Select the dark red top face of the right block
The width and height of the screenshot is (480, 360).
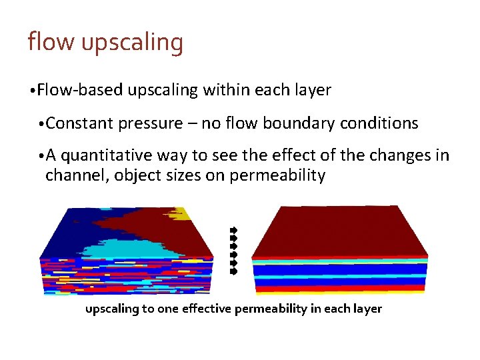[x=340, y=230]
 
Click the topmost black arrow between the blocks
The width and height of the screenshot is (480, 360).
[x=233, y=230]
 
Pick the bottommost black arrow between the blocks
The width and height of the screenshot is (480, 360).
[x=233, y=271]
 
